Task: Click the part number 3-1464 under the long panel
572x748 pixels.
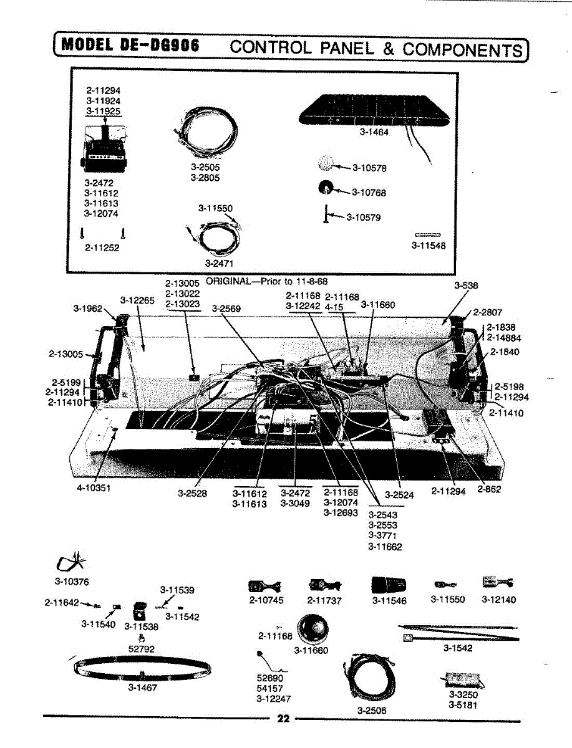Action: (x=374, y=132)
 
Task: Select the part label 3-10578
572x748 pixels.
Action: (x=369, y=168)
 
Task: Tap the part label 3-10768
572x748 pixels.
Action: (x=369, y=193)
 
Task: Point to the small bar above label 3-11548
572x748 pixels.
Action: (x=427, y=234)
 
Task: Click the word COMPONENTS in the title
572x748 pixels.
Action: (x=462, y=49)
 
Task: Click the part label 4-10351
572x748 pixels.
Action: (x=94, y=488)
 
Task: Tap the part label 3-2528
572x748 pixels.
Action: (x=192, y=493)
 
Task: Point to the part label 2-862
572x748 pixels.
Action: (x=489, y=490)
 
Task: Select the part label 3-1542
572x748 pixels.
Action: (x=458, y=648)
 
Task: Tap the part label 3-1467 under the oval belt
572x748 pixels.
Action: (x=142, y=688)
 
